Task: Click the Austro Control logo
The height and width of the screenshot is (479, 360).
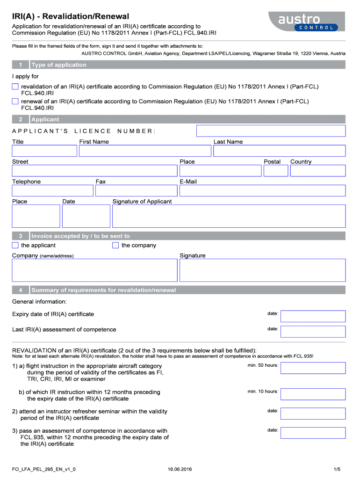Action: [306, 22]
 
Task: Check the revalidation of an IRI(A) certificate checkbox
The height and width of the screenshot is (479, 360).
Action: [15, 87]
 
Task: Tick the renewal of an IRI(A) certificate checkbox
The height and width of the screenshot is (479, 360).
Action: [15, 101]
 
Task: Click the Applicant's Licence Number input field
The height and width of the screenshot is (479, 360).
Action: [271, 131]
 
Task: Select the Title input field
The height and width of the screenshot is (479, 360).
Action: [44, 151]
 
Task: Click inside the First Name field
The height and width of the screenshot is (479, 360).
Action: [145, 151]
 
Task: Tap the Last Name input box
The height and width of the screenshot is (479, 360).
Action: [279, 151]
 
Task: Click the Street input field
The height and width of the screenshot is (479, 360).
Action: [94, 171]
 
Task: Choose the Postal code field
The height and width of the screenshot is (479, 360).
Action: [275, 171]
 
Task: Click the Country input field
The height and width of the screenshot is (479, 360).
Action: [317, 171]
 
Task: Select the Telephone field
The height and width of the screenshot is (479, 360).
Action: [52, 190]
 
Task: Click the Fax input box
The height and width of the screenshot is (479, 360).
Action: [136, 190]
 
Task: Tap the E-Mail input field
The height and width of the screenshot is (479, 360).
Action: [262, 190]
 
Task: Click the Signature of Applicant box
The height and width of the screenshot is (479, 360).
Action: [229, 216]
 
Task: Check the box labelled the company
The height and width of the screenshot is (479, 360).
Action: [115, 246]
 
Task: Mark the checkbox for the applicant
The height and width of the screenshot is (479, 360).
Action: [15, 246]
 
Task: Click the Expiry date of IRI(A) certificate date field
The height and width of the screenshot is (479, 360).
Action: [313, 316]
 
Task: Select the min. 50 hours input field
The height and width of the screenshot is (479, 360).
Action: [313, 368]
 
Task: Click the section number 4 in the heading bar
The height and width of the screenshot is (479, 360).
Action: [21, 290]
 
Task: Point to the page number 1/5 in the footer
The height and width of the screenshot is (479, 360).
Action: [337, 469]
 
